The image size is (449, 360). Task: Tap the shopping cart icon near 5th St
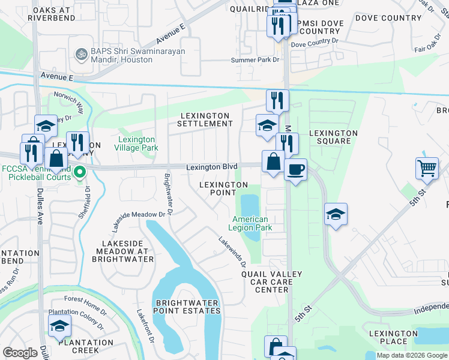pyautogui.click(x=427, y=168)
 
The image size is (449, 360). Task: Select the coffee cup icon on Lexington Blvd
pyautogui.click(x=295, y=170)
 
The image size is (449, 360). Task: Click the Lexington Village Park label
pyautogui.click(x=136, y=143)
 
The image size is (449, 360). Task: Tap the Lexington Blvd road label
pyautogui.click(x=212, y=167)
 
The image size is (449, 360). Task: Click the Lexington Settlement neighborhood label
pyautogui.click(x=205, y=119)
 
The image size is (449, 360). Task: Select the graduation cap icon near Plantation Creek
pyautogui.click(x=59, y=326)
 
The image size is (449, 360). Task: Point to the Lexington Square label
pyautogui.click(x=333, y=137)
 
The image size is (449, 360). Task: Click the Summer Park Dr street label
pyautogui.click(x=256, y=60)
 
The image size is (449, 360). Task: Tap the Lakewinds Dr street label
pyautogui.click(x=233, y=251)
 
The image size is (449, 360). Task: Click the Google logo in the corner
pyautogui.click(x=20, y=353)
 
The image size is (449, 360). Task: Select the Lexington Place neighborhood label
pyautogui.click(x=393, y=337)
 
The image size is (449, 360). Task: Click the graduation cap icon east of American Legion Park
pyautogui.click(x=336, y=214)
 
